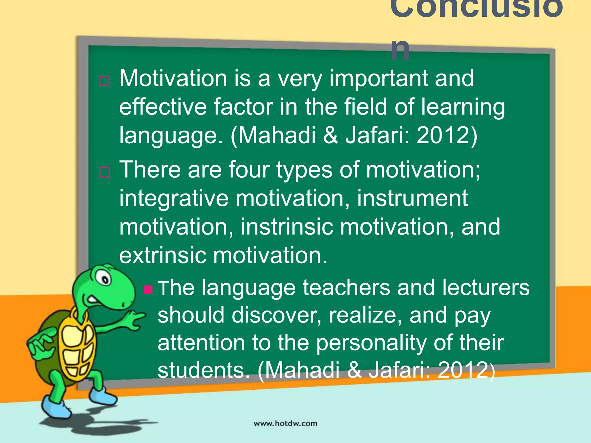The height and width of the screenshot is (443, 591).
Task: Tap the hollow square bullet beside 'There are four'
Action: (104, 172)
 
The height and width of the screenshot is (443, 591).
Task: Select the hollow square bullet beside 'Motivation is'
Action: (104, 81)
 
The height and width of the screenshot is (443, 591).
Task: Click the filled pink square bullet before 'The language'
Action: (148, 289)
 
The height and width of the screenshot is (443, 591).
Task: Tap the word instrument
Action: (412, 198)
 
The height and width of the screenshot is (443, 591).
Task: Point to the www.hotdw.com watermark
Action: (285, 423)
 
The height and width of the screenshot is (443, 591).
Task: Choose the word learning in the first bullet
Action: (463, 107)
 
